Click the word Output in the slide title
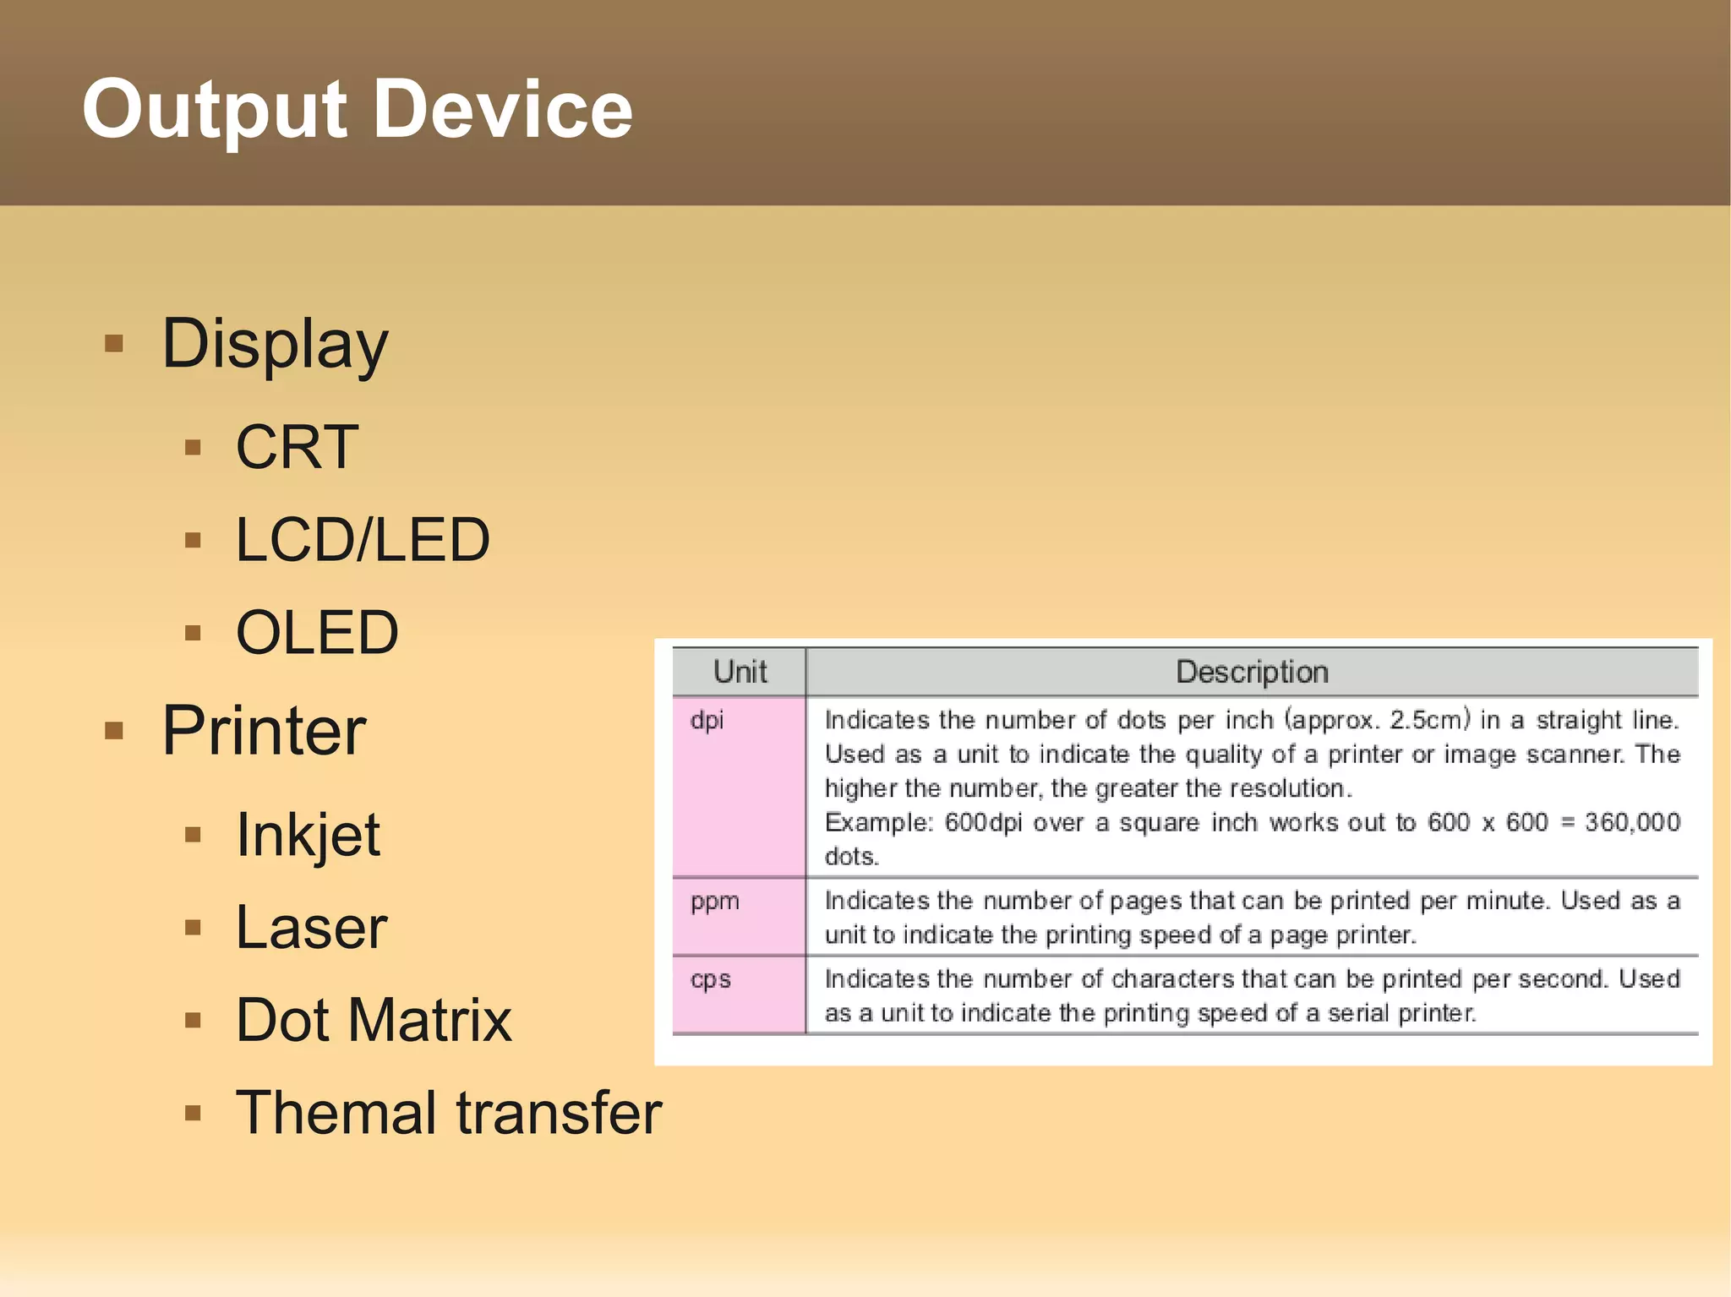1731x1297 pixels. tap(214, 110)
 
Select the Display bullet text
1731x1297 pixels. tap(275, 345)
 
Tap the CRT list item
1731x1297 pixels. tap(297, 447)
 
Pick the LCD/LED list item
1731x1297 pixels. tap(363, 540)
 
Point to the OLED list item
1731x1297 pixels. tap(317, 632)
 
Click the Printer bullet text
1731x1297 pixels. tap(264, 731)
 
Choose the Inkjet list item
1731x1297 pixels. tap(308, 835)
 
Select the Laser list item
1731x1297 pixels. tap(311, 928)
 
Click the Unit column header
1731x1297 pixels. tap(740, 673)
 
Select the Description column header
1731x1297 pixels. tap(1252, 673)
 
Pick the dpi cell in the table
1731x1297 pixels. tap(707, 721)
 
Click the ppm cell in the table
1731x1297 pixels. tap(714, 902)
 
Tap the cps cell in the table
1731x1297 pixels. tap(710, 979)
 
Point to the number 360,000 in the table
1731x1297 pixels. tap(1632, 822)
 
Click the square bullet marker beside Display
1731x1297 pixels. tap(114, 344)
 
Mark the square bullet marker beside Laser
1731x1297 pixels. tap(193, 928)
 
